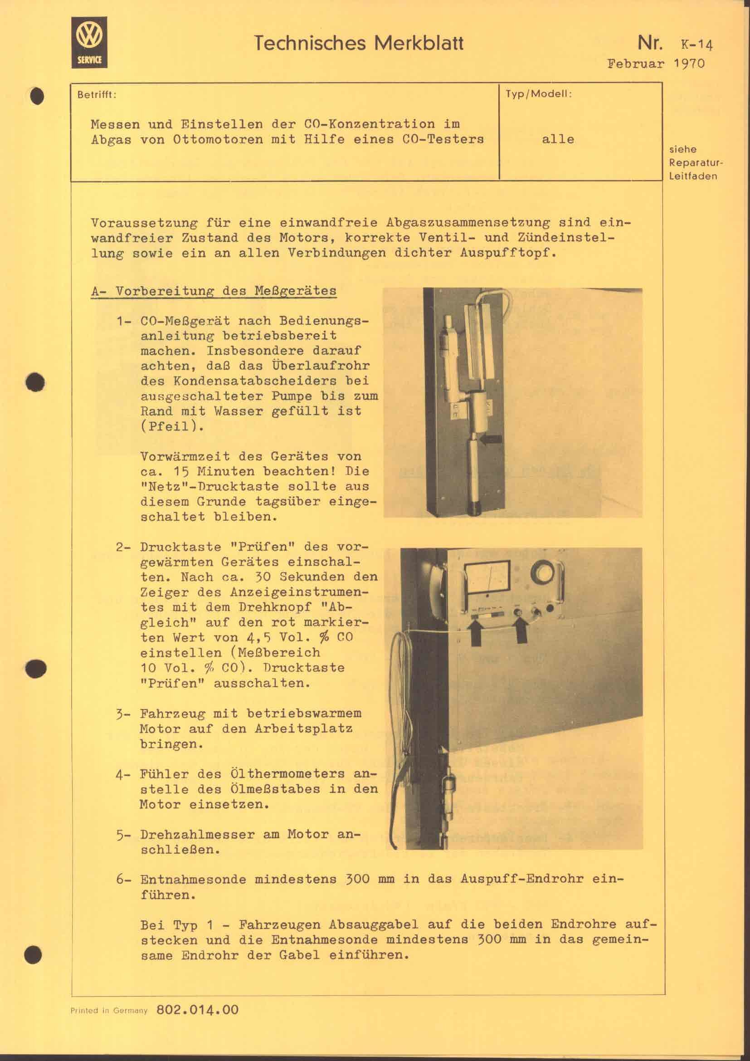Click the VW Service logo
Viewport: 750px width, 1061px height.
pos(89,43)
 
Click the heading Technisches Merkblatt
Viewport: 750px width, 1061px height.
pos(358,44)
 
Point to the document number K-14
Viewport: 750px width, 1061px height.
pos(696,45)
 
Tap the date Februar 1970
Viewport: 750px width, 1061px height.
pos(656,64)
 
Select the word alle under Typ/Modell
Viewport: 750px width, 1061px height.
pos(558,139)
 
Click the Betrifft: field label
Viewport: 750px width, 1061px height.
pos(97,95)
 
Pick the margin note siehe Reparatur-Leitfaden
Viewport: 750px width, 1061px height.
pos(694,163)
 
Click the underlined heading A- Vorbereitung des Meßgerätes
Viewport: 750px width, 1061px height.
pos(214,291)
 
